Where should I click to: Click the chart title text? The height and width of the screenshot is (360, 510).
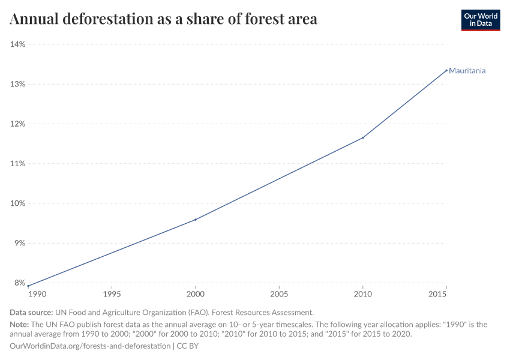point(163,19)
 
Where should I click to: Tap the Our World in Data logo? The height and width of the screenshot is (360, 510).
point(480,20)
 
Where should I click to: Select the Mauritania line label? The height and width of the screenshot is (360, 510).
point(467,71)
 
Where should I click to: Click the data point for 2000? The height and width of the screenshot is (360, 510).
point(196,220)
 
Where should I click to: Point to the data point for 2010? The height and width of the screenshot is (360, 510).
point(363,137)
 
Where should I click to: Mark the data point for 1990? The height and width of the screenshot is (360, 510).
point(28,286)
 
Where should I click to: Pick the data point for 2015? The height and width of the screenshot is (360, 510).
point(446,70)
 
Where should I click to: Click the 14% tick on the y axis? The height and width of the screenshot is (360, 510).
point(17,44)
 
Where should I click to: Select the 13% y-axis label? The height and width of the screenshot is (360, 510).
point(17,84)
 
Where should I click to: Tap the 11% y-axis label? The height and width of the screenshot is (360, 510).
point(17,164)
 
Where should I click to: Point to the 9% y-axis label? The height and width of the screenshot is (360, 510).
point(19,243)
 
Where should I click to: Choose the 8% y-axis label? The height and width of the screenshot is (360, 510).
point(19,283)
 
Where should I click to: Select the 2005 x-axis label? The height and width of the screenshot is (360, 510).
point(279,295)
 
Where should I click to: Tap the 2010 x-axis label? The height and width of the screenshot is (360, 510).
point(363,295)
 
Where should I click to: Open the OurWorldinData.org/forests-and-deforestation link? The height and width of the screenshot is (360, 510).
point(90,346)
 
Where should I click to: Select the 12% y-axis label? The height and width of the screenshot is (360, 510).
point(17,124)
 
